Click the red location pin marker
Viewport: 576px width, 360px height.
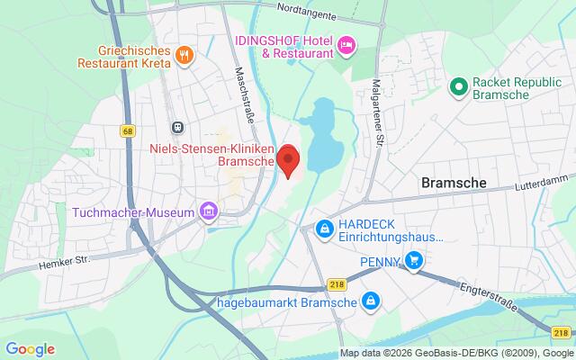point(288,160)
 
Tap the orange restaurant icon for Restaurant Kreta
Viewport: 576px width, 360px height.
point(184,53)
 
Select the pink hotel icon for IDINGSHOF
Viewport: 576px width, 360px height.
point(345,45)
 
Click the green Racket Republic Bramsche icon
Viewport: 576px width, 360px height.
point(456,87)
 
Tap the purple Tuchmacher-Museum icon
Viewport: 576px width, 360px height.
point(209,212)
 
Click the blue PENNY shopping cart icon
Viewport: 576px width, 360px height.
point(413,261)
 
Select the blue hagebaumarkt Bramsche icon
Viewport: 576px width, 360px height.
point(369,300)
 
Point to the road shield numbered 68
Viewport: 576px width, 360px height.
point(127,131)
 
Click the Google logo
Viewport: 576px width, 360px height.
point(30,348)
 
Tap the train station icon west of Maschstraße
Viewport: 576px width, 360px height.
point(178,127)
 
